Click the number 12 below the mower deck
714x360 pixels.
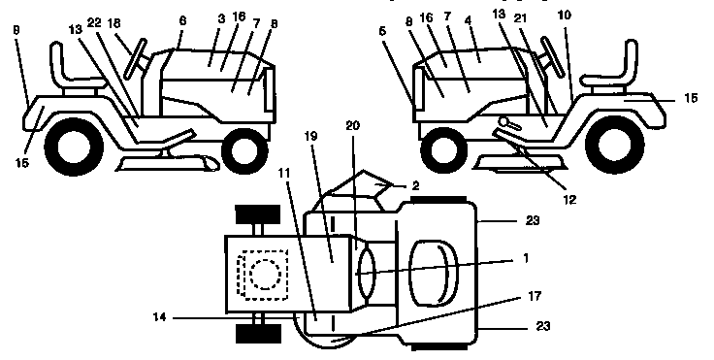[569, 200]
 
